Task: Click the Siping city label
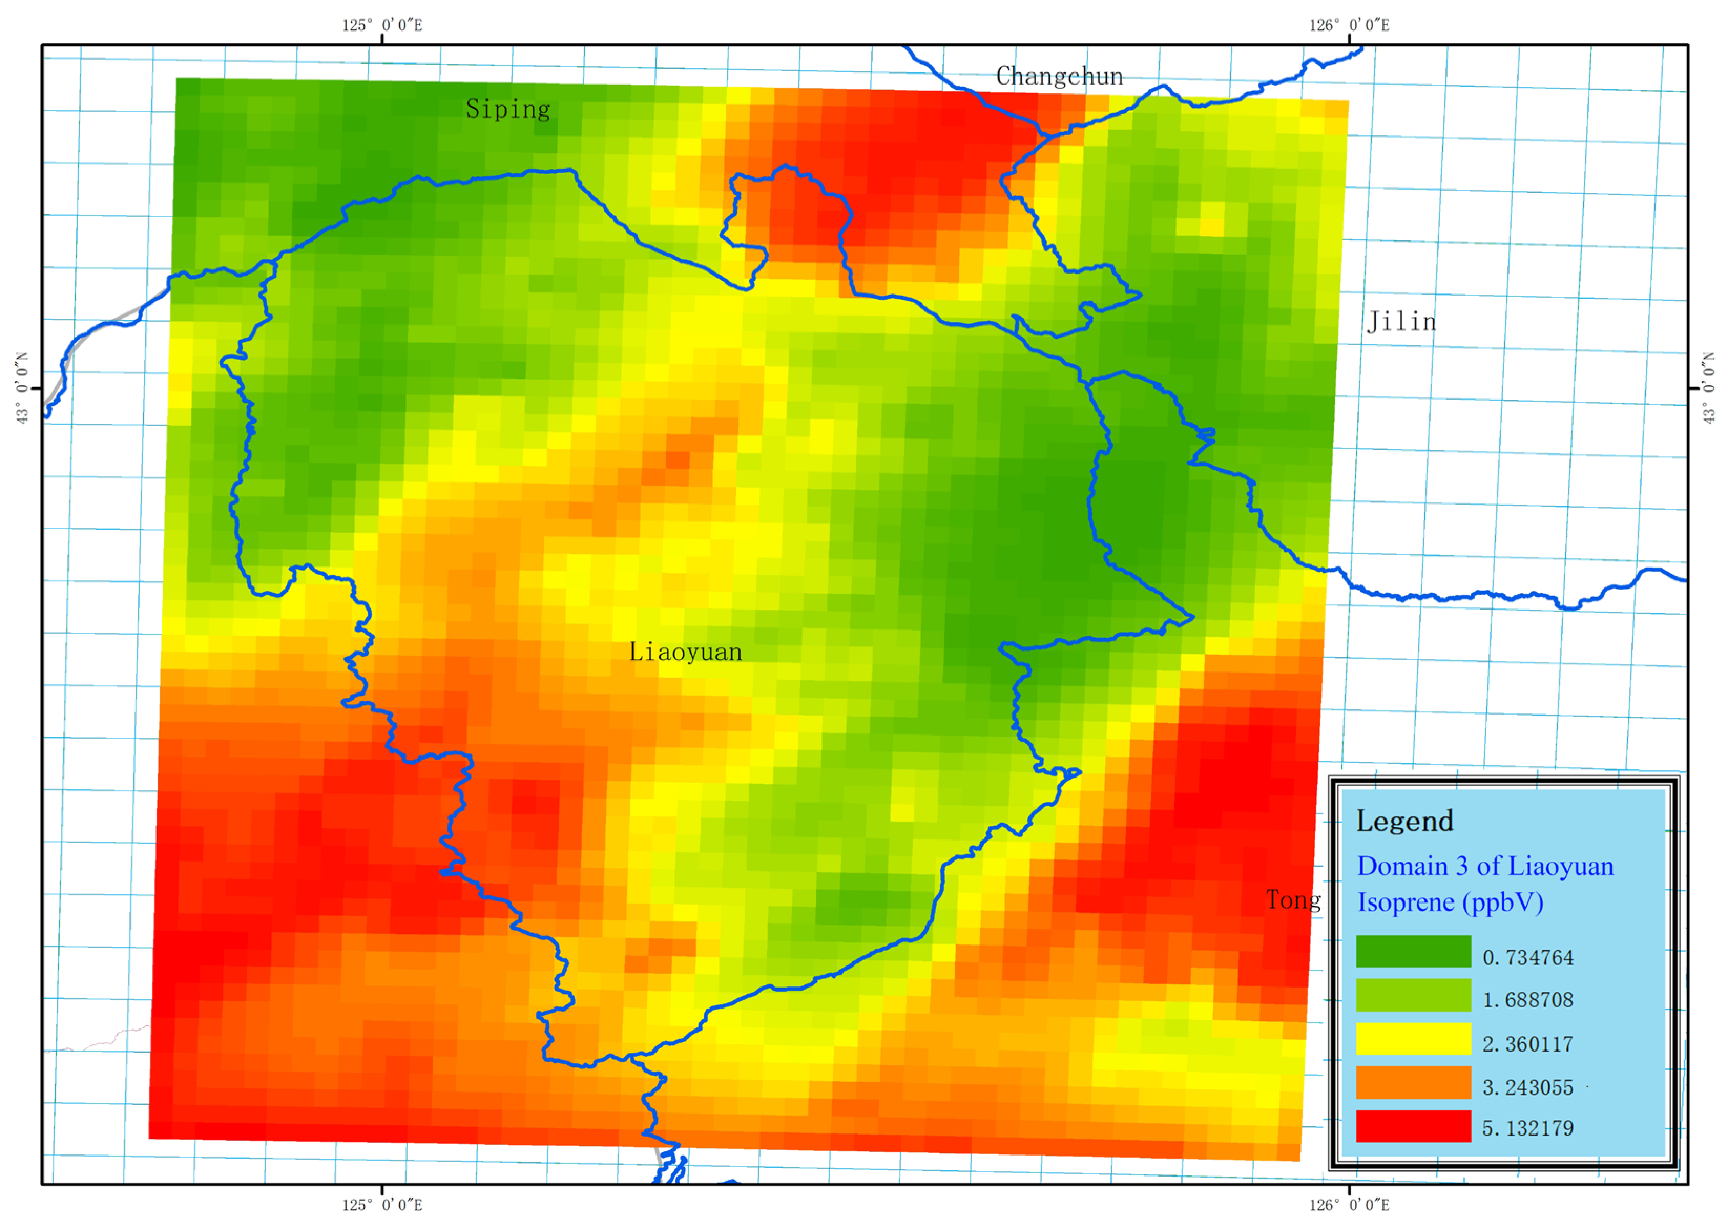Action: pos(508,109)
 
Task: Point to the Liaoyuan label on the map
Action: pos(685,652)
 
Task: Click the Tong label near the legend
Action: pos(1294,900)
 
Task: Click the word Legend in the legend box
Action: pos(1404,821)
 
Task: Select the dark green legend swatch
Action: pos(1412,951)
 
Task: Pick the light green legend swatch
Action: pos(1412,995)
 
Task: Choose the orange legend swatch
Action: pos(1412,1083)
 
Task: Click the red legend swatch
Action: pos(1412,1127)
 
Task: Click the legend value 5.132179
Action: pos(1527,1129)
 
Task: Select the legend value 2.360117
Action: pos(1527,1044)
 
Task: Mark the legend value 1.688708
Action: pos(1527,1000)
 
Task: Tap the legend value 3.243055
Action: pos(1527,1087)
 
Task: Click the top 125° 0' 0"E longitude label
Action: pos(382,25)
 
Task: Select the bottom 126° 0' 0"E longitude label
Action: pos(1349,1204)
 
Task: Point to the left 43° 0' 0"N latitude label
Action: pos(23,388)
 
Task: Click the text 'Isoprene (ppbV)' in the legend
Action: pos(1450,902)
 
